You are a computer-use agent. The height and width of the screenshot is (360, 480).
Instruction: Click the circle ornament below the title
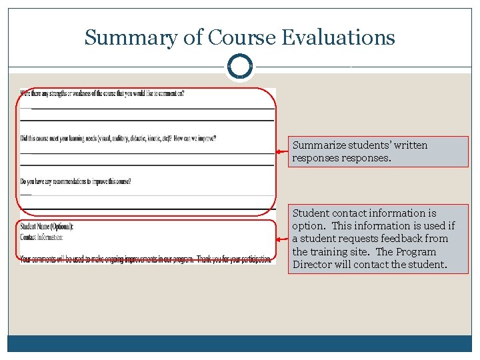(239, 67)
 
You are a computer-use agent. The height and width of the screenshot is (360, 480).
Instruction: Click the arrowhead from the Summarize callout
(279, 152)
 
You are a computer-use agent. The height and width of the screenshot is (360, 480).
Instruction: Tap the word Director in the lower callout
(313, 265)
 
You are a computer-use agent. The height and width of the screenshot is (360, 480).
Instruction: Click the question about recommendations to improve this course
(75, 181)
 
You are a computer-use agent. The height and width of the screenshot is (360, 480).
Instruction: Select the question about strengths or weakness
(102, 93)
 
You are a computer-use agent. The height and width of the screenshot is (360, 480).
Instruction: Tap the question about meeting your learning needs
(118, 139)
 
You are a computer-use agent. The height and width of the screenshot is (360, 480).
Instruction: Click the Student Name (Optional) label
(47, 227)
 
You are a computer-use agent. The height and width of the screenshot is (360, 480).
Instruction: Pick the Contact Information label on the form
(42, 237)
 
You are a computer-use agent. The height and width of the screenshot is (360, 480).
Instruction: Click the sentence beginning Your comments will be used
(145, 258)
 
